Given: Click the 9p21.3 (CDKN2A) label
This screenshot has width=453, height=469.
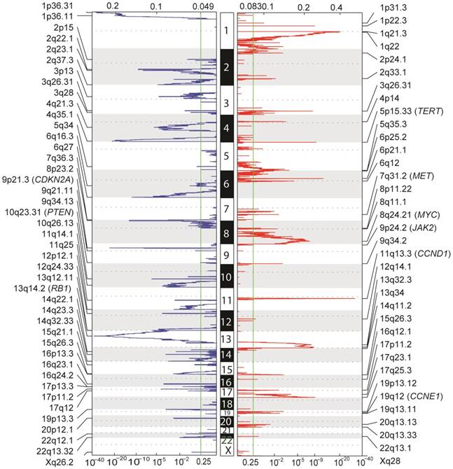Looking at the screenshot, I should (x=41, y=179).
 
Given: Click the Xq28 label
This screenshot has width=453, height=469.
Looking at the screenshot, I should (x=391, y=462).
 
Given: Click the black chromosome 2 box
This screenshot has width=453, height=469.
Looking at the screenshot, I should (x=226, y=67).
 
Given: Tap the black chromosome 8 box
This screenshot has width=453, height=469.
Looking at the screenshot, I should (x=226, y=232).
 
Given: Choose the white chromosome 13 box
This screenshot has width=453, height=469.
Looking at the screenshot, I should (x=226, y=339).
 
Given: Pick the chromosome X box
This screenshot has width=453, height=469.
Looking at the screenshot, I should (x=226, y=451).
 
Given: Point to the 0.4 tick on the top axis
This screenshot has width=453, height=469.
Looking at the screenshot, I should (x=337, y=6).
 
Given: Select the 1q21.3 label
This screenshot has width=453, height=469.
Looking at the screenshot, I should (x=396, y=34).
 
